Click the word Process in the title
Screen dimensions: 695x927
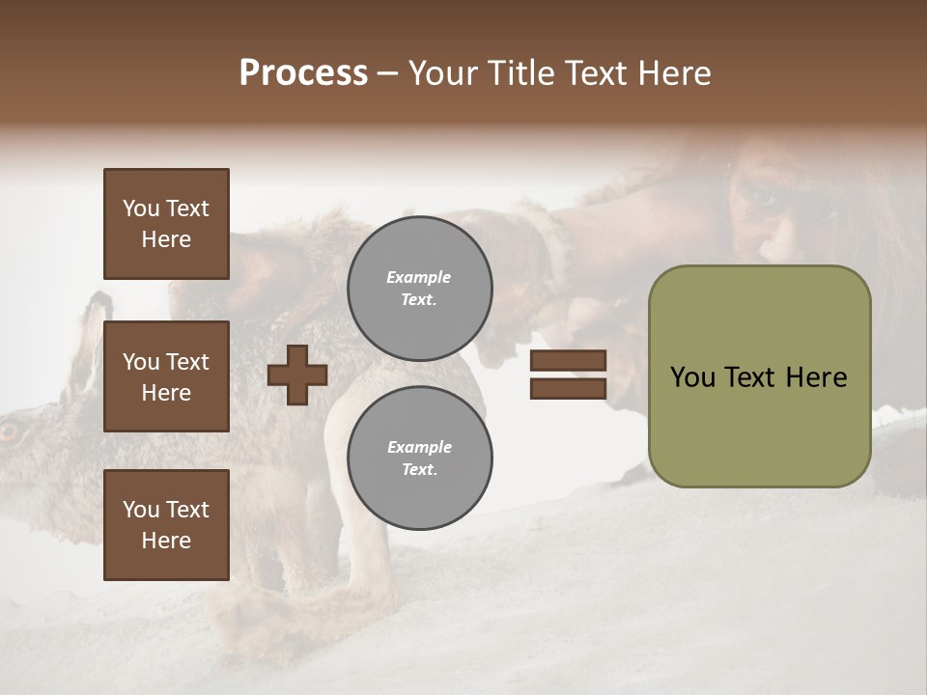(x=303, y=73)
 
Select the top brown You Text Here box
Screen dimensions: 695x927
(x=166, y=224)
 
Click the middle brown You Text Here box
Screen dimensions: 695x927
(x=166, y=376)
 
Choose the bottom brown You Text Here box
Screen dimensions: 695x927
(x=166, y=525)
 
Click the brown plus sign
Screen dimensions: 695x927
(x=297, y=375)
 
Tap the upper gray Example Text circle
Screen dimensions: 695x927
(x=419, y=289)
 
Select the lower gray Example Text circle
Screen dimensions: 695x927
(x=419, y=459)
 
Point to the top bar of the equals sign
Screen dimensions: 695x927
(x=568, y=361)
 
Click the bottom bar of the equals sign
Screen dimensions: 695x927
(x=568, y=388)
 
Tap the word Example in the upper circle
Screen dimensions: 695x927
(x=418, y=277)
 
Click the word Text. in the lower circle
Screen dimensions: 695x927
(x=419, y=470)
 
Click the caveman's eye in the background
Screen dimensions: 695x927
(x=765, y=199)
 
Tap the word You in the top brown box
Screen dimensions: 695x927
(x=140, y=208)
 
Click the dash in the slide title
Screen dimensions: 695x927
(x=388, y=74)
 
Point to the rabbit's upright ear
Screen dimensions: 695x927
(x=97, y=328)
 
